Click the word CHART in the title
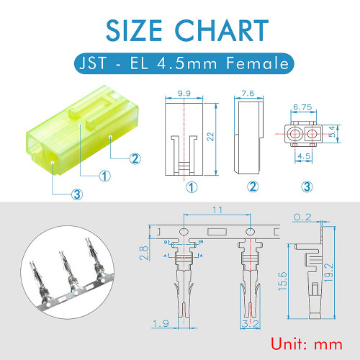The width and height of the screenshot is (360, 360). pos(222,30)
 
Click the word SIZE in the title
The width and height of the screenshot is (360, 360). pos(134,30)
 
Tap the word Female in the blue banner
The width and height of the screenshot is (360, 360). pos(257,63)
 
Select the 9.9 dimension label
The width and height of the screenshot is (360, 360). pos(184,93)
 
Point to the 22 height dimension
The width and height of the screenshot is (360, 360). pos(210,137)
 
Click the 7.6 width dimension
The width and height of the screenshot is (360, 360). pos(248,93)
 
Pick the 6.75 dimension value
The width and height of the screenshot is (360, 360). pos(302,107)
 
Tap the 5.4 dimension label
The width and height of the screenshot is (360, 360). pos(332,132)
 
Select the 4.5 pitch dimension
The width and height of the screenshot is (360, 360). pos(304,156)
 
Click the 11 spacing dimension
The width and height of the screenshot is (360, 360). pos(217,210)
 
